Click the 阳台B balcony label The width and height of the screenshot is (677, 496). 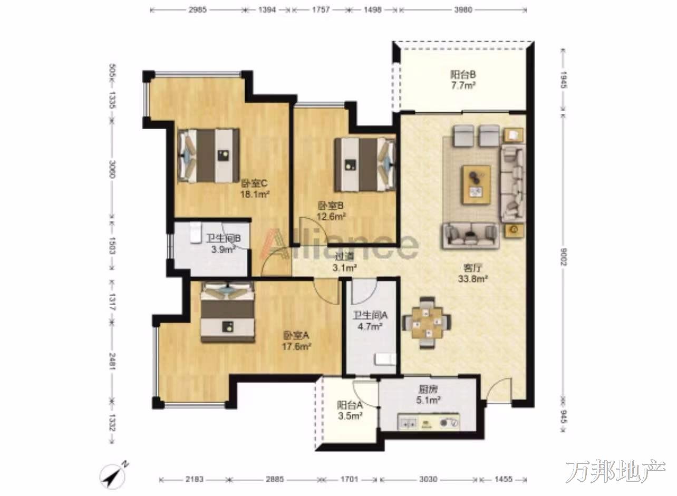[x=463, y=74]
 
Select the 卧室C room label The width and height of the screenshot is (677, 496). [x=254, y=183]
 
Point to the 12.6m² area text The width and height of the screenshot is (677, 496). [x=331, y=216]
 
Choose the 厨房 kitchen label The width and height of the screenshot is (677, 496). [x=428, y=389]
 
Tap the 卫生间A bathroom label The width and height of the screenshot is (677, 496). [x=370, y=315]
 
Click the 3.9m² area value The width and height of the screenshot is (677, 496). [x=224, y=249]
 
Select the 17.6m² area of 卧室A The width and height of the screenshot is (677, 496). [x=296, y=346]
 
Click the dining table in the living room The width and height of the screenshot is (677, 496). [x=427, y=323]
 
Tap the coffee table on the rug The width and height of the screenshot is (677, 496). [x=476, y=184]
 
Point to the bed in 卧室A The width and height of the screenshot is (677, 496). [x=228, y=312]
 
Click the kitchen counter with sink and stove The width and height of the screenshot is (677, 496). [x=429, y=422]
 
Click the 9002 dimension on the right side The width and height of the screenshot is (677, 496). [x=563, y=257]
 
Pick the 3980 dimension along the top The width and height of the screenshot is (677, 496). [x=463, y=9]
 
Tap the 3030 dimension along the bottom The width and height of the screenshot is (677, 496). [x=428, y=479]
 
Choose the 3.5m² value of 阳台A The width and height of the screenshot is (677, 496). [x=350, y=416]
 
